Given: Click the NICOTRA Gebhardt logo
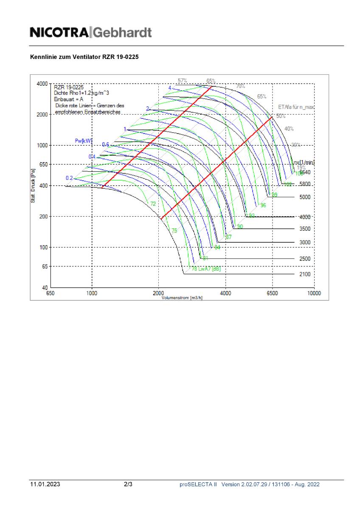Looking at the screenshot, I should (x=90, y=32).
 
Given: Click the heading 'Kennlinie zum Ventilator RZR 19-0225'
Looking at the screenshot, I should (x=84, y=56).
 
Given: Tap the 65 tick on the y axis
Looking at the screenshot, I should (x=44, y=266).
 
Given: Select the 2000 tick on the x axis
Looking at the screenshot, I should (x=159, y=293).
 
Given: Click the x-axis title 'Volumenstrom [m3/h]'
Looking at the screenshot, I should (x=182, y=298).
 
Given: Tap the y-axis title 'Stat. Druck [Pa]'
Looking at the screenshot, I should (x=33, y=186).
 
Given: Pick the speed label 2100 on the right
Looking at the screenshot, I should (x=305, y=274).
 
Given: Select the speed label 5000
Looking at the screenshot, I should (x=305, y=197).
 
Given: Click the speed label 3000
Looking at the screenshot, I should (x=305, y=242).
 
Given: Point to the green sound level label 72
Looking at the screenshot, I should (x=153, y=204).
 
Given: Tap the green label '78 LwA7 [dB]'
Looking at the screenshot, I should (x=206, y=269).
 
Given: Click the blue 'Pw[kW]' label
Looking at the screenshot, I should (x=83, y=140).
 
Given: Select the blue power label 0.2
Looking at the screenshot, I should (x=69, y=178).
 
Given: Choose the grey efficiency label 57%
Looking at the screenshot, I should (x=182, y=81).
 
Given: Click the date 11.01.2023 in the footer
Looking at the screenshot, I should (x=45, y=484).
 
